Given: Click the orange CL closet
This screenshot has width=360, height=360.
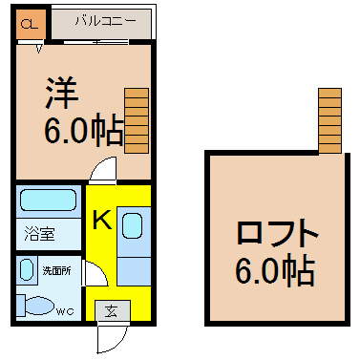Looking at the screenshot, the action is (31, 24).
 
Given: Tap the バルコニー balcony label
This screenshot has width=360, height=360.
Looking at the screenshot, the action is (105, 21).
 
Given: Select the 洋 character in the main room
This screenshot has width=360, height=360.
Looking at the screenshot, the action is (62, 93).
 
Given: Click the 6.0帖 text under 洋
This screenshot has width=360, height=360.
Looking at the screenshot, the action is (84, 130).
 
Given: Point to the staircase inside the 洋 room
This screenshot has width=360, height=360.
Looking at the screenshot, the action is (137, 120).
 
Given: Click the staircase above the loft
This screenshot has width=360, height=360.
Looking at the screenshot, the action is (330, 120).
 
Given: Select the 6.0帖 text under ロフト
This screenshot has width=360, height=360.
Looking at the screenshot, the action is (275, 270).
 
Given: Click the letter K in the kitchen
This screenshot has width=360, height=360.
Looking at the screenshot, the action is (102, 219).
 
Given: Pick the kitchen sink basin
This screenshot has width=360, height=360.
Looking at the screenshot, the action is (133, 225).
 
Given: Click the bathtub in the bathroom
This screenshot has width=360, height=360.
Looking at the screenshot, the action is (49, 200).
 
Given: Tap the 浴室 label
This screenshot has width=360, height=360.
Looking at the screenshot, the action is (40, 234).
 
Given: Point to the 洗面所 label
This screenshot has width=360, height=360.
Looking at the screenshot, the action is (57, 271).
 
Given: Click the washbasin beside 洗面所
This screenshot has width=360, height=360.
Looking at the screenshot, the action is (27, 269).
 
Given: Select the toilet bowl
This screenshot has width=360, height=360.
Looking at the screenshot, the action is (39, 306).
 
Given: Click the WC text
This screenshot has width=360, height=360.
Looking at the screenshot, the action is (65, 311).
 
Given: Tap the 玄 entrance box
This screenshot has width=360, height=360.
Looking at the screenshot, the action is (113, 310).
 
